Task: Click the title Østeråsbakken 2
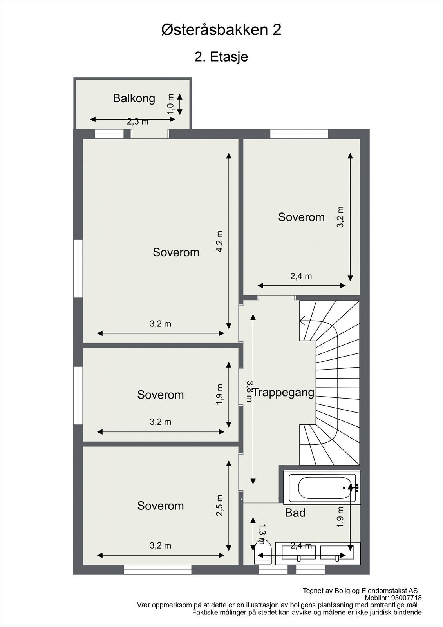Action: [x=221, y=30]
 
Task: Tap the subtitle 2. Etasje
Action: [x=221, y=57]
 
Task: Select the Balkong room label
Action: [x=134, y=98]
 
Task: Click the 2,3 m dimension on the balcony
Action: [x=138, y=122]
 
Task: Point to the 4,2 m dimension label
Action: [x=220, y=241]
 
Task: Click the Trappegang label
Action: [x=283, y=393]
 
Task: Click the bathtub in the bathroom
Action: [x=322, y=487]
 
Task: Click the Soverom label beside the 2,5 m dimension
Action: [x=160, y=506]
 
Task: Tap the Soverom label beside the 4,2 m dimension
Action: [x=176, y=252]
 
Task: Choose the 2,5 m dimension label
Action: [x=220, y=505]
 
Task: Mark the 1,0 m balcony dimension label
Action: [x=170, y=104]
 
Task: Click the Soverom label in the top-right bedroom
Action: [x=301, y=217]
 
